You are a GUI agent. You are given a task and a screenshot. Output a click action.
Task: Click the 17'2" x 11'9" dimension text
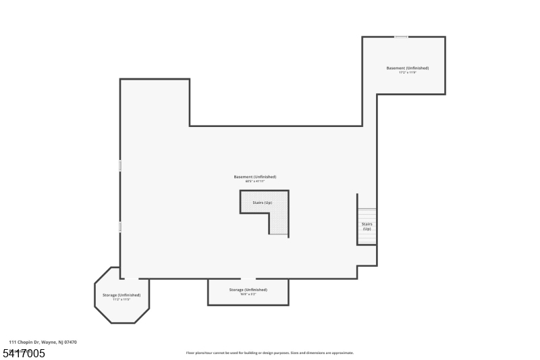(x=407, y=72)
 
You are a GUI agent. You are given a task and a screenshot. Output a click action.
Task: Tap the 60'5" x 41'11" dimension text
(x=254, y=181)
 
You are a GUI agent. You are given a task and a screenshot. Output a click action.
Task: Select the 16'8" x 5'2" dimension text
(x=248, y=294)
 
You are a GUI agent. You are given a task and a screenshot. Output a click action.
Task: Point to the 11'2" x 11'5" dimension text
(x=122, y=299)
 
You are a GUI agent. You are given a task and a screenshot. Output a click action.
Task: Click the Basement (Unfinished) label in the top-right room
(x=407, y=68)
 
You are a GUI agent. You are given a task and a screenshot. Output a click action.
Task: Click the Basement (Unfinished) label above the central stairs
(x=254, y=176)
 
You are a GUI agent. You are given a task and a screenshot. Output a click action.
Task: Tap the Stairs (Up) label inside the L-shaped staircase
(x=263, y=203)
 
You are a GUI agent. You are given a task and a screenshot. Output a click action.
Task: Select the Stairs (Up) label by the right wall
(x=367, y=226)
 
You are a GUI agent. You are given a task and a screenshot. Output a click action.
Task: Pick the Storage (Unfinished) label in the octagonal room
(x=122, y=294)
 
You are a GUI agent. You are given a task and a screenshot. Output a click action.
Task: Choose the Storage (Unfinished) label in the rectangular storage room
(x=248, y=289)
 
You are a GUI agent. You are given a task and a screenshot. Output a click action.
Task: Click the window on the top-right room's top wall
(x=401, y=36)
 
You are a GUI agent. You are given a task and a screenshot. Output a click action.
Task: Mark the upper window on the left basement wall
(x=120, y=165)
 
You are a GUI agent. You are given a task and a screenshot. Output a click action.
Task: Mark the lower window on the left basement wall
(x=120, y=227)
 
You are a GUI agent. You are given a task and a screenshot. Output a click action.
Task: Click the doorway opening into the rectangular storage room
(x=248, y=278)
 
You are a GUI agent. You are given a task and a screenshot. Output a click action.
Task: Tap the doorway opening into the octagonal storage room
(x=132, y=278)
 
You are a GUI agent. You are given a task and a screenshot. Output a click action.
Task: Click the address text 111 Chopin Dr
(x=43, y=342)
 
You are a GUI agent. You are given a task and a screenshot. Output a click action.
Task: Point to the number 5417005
(x=24, y=353)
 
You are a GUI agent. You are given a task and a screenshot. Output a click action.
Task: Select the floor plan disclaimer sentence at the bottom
(x=269, y=353)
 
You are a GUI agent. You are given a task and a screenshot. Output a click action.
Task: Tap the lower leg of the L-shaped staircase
(x=279, y=224)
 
